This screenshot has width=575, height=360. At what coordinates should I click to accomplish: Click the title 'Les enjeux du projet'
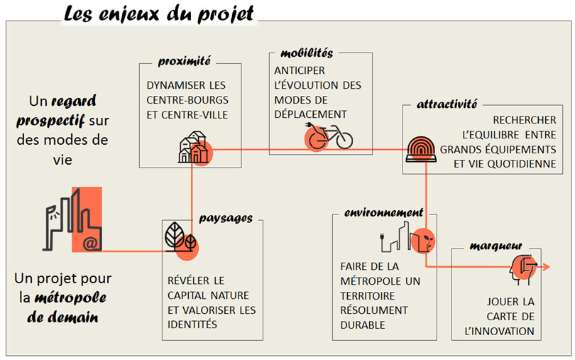(158, 14)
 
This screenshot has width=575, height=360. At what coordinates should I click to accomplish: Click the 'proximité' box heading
(185, 61)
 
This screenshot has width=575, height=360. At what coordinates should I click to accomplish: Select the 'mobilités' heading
(307, 53)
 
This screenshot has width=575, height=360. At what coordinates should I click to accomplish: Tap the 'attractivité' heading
(447, 104)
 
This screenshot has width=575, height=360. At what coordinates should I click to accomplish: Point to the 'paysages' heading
(226, 219)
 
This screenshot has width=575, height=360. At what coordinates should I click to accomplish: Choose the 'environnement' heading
(383, 212)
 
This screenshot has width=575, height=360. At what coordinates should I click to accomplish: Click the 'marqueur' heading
(495, 246)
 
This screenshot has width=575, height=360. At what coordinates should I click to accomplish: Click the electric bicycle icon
(329, 136)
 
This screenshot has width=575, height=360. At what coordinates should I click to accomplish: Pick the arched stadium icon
(421, 149)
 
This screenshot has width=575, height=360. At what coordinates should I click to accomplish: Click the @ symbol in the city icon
(90, 244)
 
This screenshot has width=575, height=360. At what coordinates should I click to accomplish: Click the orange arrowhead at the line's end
(547, 267)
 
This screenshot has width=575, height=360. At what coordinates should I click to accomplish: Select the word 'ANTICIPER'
(300, 70)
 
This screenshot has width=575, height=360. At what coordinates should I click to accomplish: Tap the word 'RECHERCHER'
(525, 120)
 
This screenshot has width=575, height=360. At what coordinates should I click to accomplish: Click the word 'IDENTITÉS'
(192, 324)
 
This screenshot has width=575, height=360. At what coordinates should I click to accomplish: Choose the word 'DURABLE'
(363, 325)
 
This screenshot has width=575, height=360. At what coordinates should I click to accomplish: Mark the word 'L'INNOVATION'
(500, 332)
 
